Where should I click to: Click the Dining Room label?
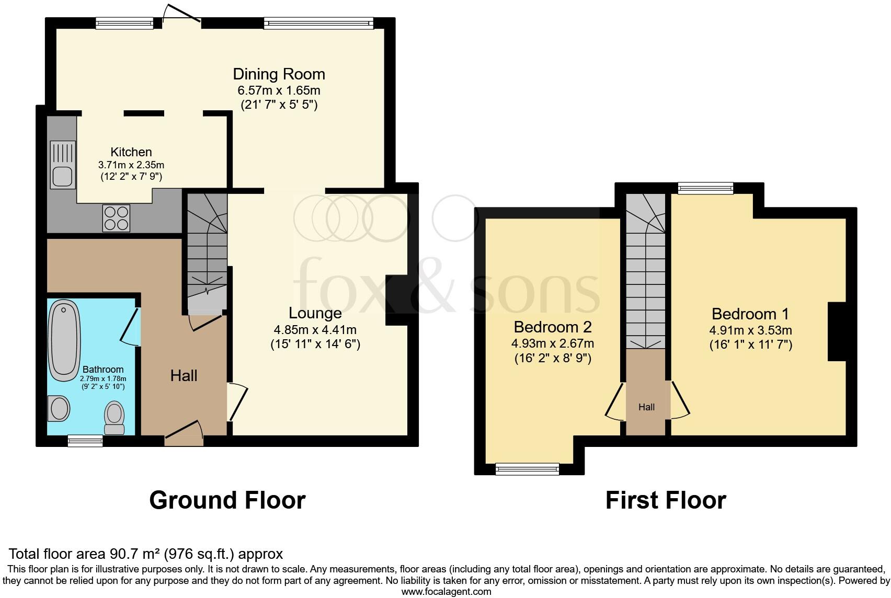279,74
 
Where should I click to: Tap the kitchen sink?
63,165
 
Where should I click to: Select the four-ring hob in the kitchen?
116,218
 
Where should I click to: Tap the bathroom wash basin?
59,408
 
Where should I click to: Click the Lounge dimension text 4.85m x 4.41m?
315,330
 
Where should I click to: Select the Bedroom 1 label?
750,314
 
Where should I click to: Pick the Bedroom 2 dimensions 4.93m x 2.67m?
552,343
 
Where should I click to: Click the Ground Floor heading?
227,500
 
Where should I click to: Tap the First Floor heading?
665,500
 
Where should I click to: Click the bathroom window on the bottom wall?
85,442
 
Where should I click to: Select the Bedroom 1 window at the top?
705,188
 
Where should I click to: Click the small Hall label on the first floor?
646,407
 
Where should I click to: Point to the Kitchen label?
131,152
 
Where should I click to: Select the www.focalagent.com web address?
446,592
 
